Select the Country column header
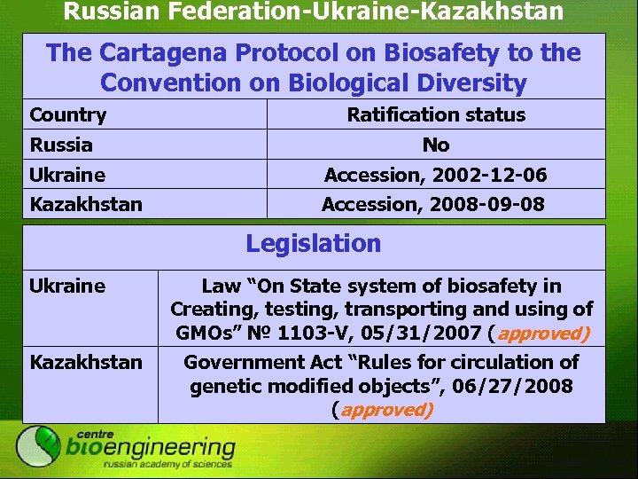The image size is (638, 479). coord(68,114)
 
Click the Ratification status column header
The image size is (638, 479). coord(436,114)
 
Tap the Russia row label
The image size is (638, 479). coord(61,145)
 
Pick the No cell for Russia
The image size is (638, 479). coord(436,145)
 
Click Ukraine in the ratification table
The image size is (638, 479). coord(67,175)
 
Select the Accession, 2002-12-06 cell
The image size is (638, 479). coord(436,175)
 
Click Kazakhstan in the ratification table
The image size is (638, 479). coord(86,205)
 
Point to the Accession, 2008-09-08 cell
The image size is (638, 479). coord(433,205)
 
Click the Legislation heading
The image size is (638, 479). coord(314,243)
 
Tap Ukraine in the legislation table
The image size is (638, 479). coord(67,286)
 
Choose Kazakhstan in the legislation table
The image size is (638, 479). coord(86,362)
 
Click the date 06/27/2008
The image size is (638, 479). coord(523,386)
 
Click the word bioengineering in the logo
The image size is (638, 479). coord(151,448)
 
